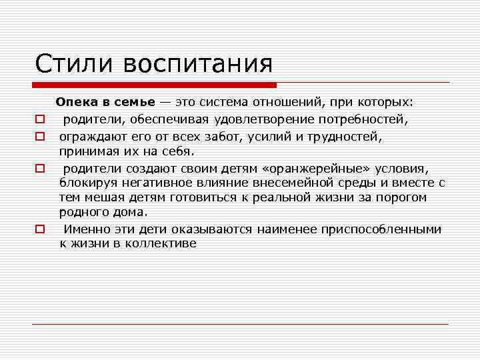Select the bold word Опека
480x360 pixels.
point(76,103)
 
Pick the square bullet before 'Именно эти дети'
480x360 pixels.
point(39,229)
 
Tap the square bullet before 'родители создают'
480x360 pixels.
point(39,167)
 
